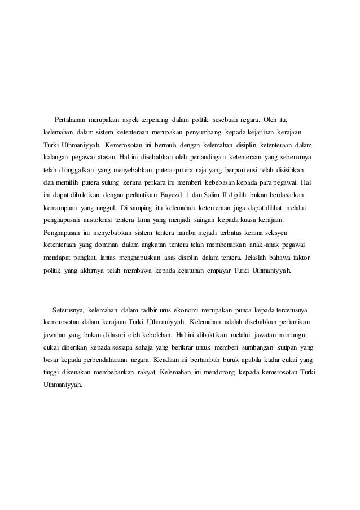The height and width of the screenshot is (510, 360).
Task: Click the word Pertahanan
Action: coord(74,120)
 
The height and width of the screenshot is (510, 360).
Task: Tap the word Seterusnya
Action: coord(68,310)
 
